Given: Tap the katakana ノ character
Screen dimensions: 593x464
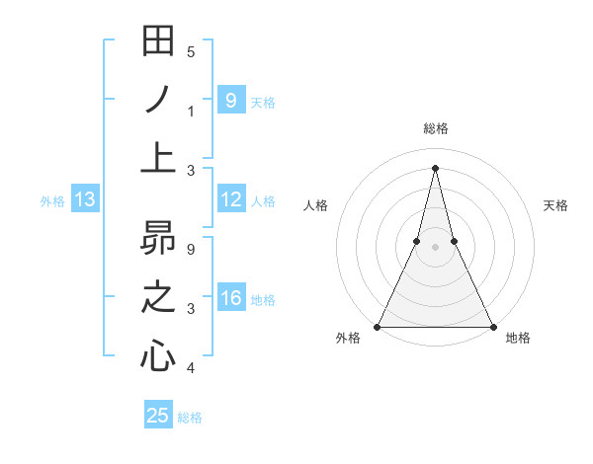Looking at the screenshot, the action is pos(158,101).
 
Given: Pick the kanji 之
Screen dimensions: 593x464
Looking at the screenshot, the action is pos(158,297).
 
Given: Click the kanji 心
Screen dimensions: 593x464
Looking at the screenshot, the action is pos(158,355).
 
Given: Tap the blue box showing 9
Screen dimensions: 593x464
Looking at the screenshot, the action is pos(230,100).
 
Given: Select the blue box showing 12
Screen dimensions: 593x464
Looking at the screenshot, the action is pos(230,200).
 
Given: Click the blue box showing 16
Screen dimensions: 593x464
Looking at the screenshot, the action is pos(230,299).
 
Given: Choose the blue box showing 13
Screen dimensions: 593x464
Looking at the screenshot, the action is pos(84,200).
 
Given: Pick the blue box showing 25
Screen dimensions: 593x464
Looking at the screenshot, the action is pos(158,416).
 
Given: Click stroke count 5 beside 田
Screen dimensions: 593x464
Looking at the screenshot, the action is pos(191,52).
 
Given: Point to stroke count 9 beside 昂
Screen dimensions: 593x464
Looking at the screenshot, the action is pos(191,249).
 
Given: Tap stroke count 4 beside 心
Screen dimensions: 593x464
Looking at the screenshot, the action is pos(191,368).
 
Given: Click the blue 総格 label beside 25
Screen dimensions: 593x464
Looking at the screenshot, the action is pos(190,418).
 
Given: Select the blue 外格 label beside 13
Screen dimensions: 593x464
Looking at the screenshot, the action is pos(52,201).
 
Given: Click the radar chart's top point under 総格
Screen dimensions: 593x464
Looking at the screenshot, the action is pos(435,167).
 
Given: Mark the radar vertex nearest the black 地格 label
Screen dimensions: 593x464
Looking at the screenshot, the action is pos(492,327).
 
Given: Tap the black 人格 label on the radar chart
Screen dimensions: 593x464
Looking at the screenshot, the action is pos(316,205).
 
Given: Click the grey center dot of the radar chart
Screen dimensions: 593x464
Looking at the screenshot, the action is pos(435,247).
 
